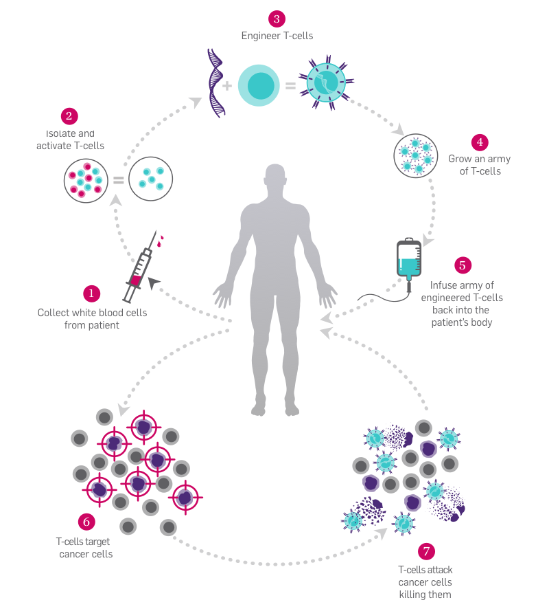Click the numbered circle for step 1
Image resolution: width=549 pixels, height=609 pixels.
[91, 294]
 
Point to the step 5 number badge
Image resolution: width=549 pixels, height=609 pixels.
[462, 265]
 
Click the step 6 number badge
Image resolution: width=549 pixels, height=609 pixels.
[86, 521]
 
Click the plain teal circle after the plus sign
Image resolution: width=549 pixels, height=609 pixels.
[259, 85]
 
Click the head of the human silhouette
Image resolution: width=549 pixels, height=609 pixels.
[275, 180]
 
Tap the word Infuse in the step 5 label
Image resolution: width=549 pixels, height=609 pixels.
[443, 285]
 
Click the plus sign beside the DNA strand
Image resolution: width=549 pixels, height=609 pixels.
[227, 86]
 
